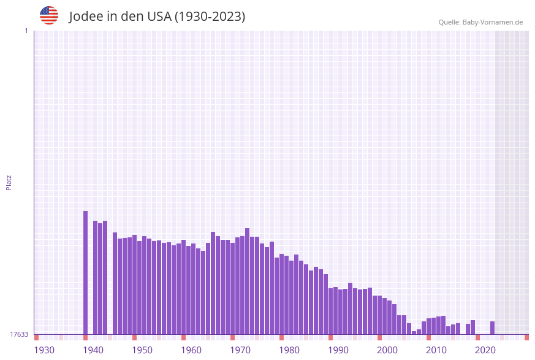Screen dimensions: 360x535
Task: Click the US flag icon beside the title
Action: tap(49, 15)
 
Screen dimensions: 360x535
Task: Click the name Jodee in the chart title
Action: tap(86, 17)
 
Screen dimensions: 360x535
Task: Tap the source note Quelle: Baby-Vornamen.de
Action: tap(480, 22)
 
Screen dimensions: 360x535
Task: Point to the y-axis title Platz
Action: tap(9, 182)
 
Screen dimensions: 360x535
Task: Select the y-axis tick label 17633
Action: tap(18, 334)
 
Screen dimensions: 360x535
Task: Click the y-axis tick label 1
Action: tap(26, 31)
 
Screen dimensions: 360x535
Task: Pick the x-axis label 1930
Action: tap(44, 350)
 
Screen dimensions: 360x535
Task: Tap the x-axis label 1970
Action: tap(240, 350)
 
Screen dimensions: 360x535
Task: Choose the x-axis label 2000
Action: tap(387, 350)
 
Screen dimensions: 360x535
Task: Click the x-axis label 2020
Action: tap(485, 350)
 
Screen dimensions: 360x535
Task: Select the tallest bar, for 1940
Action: tap(86, 272)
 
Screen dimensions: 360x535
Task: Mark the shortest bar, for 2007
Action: tap(414, 332)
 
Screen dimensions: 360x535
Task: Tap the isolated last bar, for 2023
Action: tap(493, 327)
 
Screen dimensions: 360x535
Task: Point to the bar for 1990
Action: tap(331, 311)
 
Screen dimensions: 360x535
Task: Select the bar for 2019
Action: tap(473, 327)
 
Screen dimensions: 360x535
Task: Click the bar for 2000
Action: tap(380, 315)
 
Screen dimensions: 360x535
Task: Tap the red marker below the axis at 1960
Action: tap(183, 337)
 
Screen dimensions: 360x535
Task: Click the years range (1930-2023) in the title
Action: tap(210, 17)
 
